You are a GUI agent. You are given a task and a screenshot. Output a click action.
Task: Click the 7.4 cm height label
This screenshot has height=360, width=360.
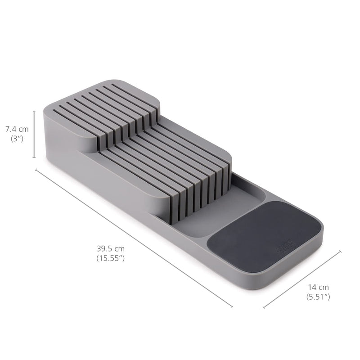pyautogui.click(x=17, y=130)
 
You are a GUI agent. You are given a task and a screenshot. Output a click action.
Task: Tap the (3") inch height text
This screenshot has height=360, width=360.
pyautogui.click(x=17, y=139)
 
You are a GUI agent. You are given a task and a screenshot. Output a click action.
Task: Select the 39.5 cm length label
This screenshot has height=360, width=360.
pyautogui.click(x=110, y=248)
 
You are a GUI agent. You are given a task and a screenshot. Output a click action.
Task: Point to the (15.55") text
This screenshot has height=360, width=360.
pyautogui.click(x=110, y=258)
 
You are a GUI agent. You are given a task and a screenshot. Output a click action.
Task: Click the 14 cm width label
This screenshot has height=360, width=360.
pyautogui.click(x=318, y=287)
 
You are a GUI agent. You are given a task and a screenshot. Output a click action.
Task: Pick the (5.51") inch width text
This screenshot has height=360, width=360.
pyautogui.click(x=318, y=297)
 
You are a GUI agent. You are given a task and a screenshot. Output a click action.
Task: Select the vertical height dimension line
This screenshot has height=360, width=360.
pyautogui.click(x=34, y=135)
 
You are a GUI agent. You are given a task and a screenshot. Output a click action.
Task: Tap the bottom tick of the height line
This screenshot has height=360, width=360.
pyautogui.click(x=34, y=158)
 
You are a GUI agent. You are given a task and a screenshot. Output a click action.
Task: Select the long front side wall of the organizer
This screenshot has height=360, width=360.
pyautogui.click(x=148, y=225)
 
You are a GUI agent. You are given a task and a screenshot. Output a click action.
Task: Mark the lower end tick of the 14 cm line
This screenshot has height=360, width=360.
pyautogui.click(x=264, y=307)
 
